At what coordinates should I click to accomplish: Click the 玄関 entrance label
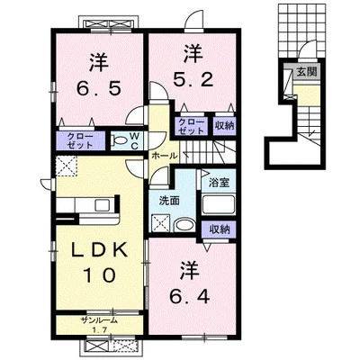(x=307, y=72)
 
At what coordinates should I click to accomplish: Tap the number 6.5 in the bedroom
(x=99, y=88)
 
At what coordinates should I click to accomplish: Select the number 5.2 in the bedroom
(x=193, y=79)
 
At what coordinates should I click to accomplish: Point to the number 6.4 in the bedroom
(x=190, y=297)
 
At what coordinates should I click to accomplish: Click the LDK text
(x=99, y=250)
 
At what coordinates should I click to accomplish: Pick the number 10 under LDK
(x=100, y=274)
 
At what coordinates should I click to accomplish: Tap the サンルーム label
(x=99, y=320)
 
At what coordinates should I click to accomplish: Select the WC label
(x=134, y=141)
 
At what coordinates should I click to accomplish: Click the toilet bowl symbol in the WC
(x=118, y=140)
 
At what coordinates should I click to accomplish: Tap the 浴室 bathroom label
(x=219, y=183)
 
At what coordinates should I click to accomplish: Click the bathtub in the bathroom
(x=218, y=204)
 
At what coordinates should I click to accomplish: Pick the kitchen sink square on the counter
(x=103, y=205)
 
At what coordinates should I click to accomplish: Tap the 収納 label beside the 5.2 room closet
(x=224, y=126)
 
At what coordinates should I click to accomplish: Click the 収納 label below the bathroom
(x=220, y=229)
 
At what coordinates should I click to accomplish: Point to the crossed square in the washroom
(x=161, y=222)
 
